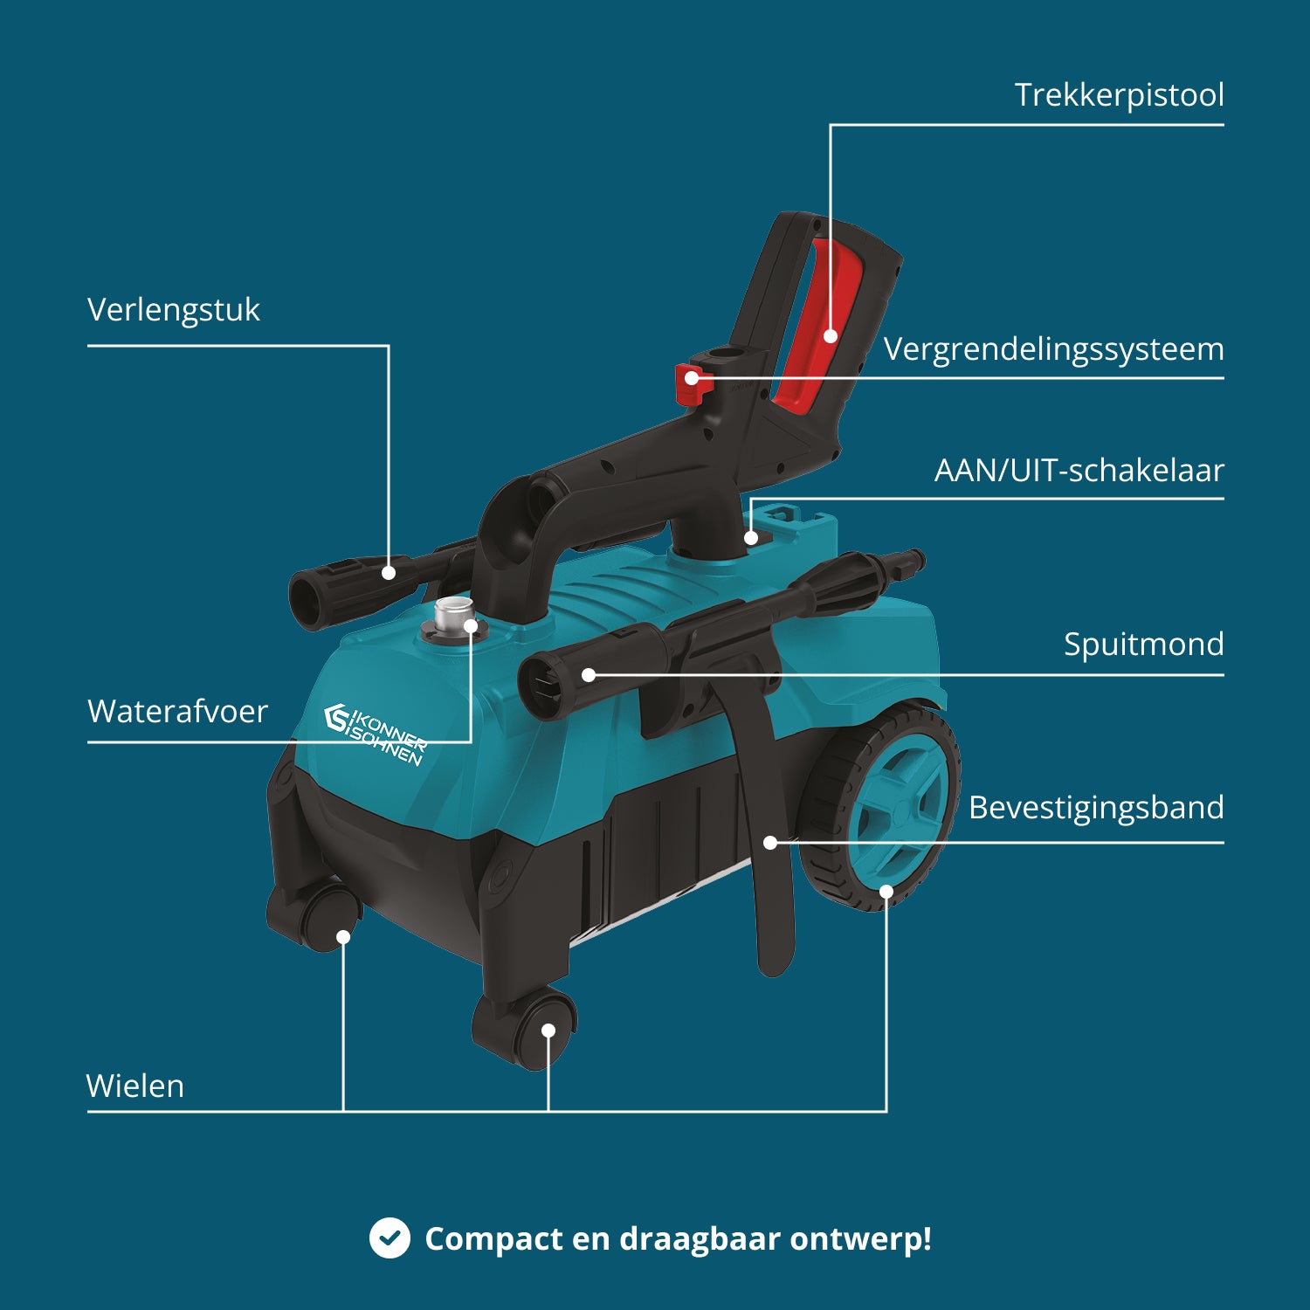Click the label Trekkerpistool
pos(1119,95)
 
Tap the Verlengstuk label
pos(174,310)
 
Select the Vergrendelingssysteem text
pos(1053,349)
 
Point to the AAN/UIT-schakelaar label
pos(1079,470)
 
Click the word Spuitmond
pos(1144,645)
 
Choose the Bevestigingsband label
pos(1096,808)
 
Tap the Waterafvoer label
pos(177,711)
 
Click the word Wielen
pos(135,1086)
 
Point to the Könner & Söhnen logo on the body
pos(376,734)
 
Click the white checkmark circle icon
pos(390,1238)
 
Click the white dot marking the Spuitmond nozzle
pos(589,675)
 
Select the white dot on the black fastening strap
pos(770,843)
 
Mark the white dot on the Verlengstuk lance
pos(389,573)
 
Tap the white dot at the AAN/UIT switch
pos(751,538)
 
